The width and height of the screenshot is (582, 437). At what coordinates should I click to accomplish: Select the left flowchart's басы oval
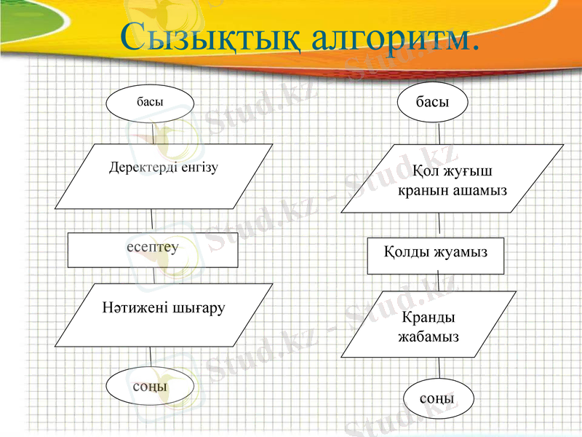151,103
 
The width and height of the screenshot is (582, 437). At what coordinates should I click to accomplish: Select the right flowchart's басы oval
432,103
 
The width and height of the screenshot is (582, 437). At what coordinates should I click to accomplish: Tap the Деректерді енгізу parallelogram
164,176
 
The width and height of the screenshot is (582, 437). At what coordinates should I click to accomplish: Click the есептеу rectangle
153,250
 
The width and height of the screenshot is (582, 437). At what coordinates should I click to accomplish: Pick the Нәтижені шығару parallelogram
164,314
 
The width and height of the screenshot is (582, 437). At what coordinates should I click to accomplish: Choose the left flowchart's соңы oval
150,386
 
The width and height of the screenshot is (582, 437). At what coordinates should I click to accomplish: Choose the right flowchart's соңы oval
438,399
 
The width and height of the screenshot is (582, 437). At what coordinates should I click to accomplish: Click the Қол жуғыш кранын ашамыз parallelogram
452,179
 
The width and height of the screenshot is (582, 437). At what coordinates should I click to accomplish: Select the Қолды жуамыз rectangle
436,254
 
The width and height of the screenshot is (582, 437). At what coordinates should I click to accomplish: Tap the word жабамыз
428,337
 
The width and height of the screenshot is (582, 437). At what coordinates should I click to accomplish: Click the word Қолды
404,252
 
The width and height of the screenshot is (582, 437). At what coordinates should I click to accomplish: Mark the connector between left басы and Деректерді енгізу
153,133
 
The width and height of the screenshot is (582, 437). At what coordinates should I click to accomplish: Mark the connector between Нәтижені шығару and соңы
151,357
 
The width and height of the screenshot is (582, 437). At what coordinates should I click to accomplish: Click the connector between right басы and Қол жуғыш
439,134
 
